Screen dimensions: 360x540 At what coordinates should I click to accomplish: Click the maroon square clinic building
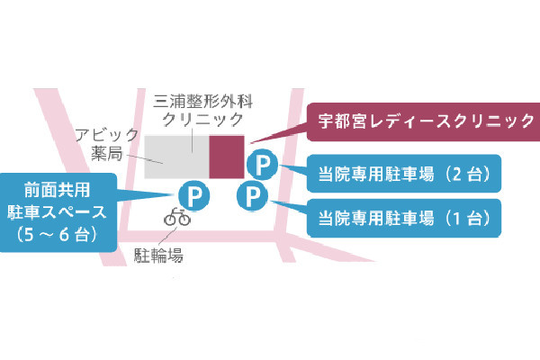click(226, 157)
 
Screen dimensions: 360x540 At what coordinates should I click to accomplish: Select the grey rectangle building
click(175, 157)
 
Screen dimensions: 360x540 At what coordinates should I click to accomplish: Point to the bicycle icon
click(176, 217)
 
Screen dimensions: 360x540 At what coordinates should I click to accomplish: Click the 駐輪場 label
click(160, 256)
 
